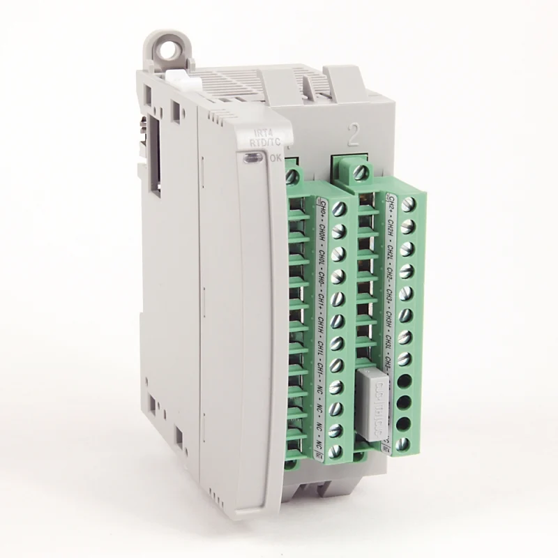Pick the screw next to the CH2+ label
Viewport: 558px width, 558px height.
(407, 204)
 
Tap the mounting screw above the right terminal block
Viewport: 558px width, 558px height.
(360, 172)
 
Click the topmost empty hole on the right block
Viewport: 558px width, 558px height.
(404, 381)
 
